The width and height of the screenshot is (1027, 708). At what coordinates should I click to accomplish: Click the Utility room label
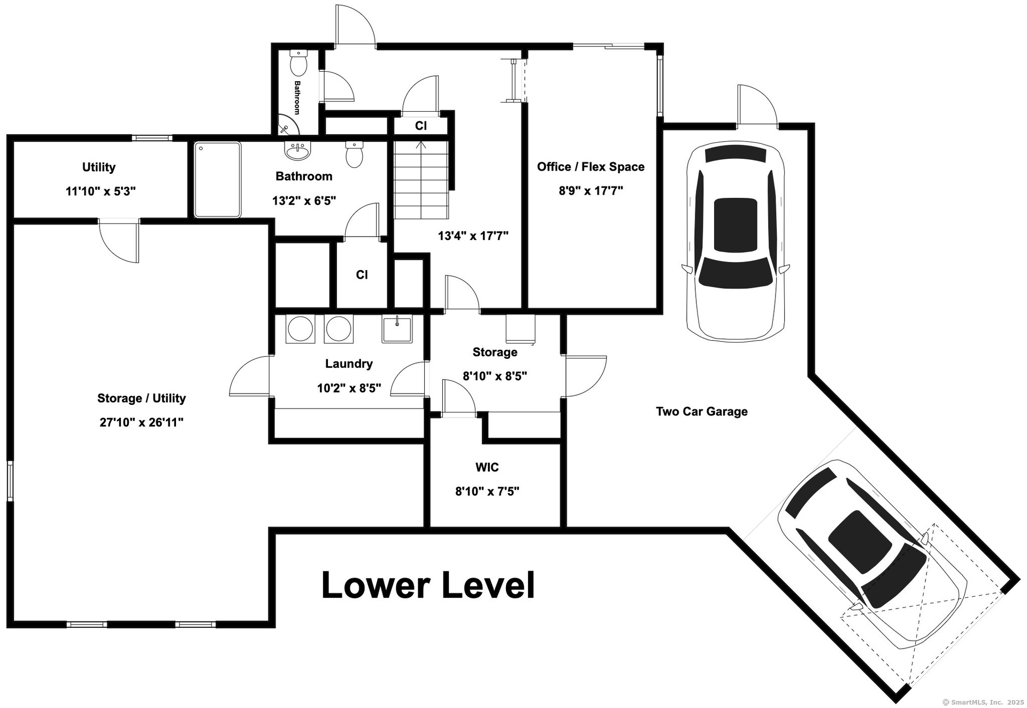pyautogui.click(x=98, y=167)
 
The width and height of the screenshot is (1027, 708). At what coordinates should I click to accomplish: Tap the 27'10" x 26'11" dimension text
pyautogui.click(x=142, y=422)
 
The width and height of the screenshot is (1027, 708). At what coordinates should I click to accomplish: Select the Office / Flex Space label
pyautogui.click(x=591, y=167)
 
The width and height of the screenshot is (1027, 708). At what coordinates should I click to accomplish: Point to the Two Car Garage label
pyautogui.click(x=702, y=411)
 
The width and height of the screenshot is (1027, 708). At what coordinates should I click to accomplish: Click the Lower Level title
pyautogui.click(x=428, y=585)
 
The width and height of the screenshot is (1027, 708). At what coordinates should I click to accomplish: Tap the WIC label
pyautogui.click(x=487, y=467)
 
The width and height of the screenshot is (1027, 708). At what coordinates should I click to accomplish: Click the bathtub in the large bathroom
pyautogui.click(x=217, y=180)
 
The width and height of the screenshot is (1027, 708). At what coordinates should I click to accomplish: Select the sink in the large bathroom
pyautogui.click(x=298, y=151)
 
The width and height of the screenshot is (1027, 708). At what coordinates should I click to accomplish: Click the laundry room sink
pyautogui.click(x=397, y=329)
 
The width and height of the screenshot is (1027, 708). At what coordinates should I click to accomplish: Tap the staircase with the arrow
pyautogui.click(x=421, y=179)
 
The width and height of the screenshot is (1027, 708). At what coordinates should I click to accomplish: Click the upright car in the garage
pyautogui.click(x=736, y=241)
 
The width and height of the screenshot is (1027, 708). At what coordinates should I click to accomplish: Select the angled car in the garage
pyautogui.click(x=872, y=553)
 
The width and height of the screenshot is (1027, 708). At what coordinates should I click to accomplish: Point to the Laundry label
pyautogui.click(x=349, y=364)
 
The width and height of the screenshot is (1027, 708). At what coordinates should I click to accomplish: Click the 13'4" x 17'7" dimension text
pyautogui.click(x=473, y=236)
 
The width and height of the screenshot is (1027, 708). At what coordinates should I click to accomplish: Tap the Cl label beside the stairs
pyautogui.click(x=421, y=126)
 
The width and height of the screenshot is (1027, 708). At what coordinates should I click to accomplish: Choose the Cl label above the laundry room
pyautogui.click(x=362, y=275)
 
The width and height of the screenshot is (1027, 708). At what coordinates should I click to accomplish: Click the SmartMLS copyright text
pyautogui.click(x=983, y=702)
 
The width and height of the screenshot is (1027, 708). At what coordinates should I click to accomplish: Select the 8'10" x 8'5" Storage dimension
pyautogui.click(x=495, y=376)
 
